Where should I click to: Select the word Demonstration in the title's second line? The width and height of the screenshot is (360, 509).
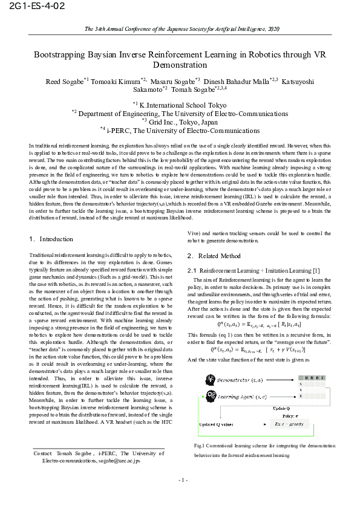coord(180,65)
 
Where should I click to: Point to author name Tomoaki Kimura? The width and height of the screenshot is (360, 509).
coord(119,80)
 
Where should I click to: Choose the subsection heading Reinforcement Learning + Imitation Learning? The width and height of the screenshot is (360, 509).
coord(255,270)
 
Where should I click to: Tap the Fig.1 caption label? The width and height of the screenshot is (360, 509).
coord(200,445)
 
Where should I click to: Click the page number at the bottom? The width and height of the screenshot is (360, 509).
coord(183,480)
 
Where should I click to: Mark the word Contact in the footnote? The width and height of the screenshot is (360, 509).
coord(42,453)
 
